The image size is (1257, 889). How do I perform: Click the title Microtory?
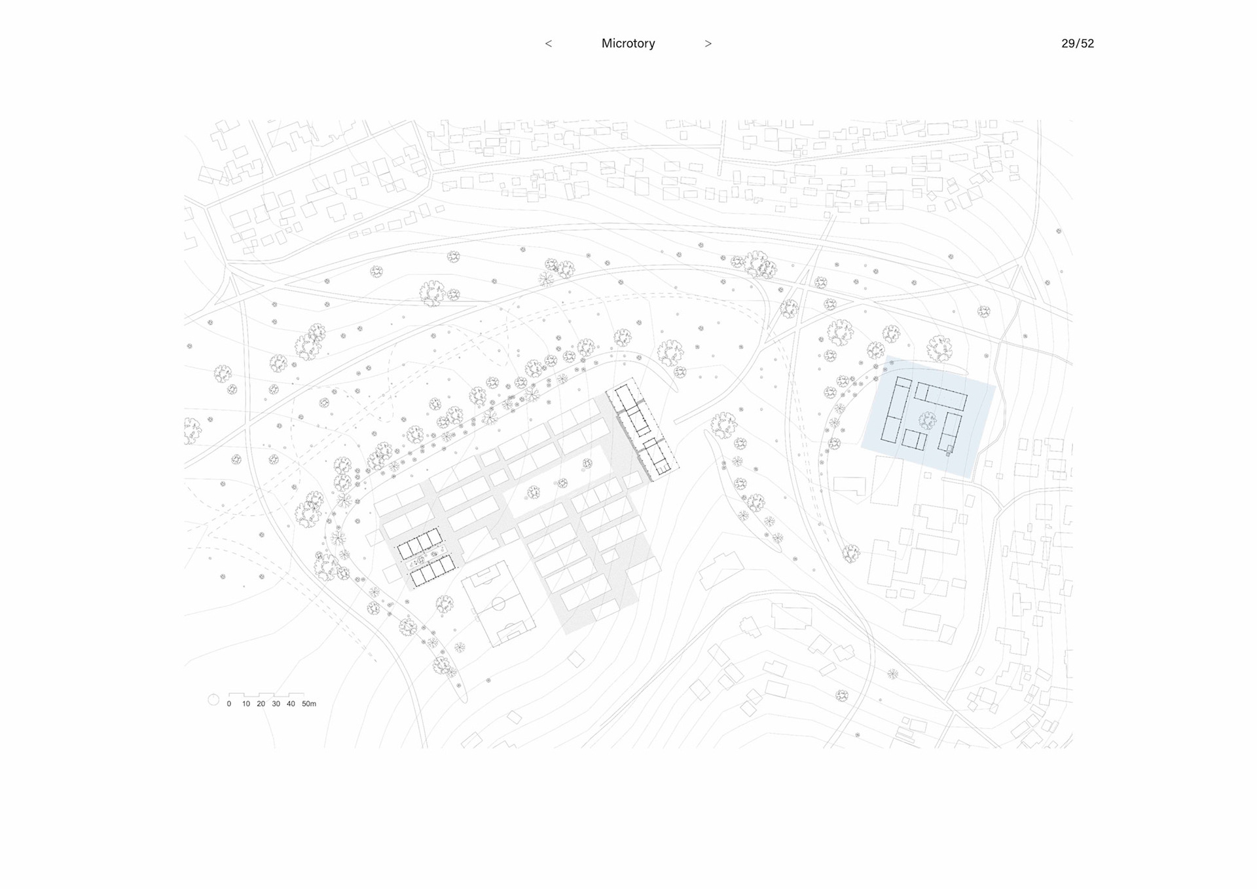(x=628, y=43)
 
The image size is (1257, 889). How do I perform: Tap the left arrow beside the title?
(x=549, y=43)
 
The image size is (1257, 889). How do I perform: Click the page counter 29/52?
(x=1077, y=43)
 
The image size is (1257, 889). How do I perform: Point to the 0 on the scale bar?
(x=228, y=704)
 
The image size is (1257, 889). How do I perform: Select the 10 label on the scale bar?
(x=246, y=704)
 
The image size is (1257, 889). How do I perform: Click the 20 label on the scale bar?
(x=261, y=704)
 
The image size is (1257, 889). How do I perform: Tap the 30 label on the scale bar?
(x=276, y=704)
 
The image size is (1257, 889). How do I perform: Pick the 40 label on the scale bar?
(x=291, y=704)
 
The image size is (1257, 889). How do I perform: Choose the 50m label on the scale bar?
(x=309, y=704)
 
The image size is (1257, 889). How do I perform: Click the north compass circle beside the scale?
(x=213, y=700)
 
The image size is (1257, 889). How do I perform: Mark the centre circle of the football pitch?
(x=498, y=603)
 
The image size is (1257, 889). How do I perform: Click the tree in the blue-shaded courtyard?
(x=926, y=419)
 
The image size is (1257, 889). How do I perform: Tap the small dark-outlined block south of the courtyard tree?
(x=915, y=440)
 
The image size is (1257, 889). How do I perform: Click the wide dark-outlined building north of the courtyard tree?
(x=941, y=396)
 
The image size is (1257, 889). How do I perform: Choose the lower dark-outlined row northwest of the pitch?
(x=433, y=571)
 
